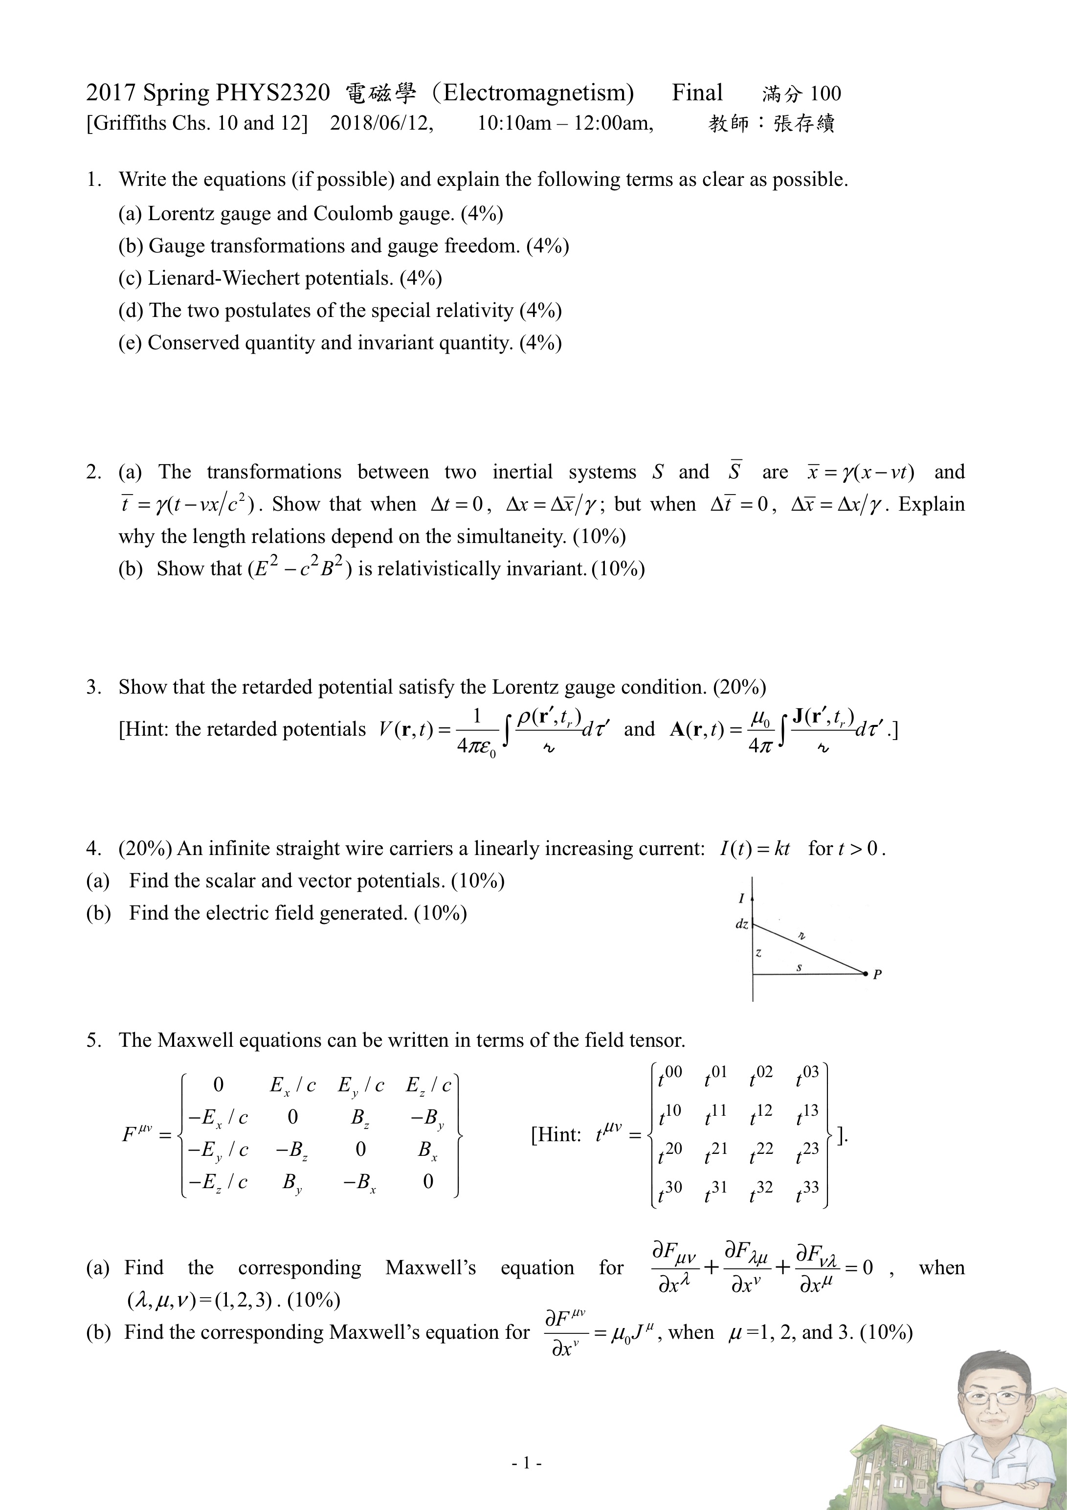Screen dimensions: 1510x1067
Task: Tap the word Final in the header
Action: click(697, 93)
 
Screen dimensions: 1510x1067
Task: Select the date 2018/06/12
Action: click(381, 123)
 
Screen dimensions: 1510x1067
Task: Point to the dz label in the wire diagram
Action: click(742, 924)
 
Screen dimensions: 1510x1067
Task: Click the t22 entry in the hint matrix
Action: click(760, 1153)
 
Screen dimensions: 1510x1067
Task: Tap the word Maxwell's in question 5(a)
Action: click(431, 1267)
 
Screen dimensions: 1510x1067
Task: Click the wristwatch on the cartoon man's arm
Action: click(979, 1485)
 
